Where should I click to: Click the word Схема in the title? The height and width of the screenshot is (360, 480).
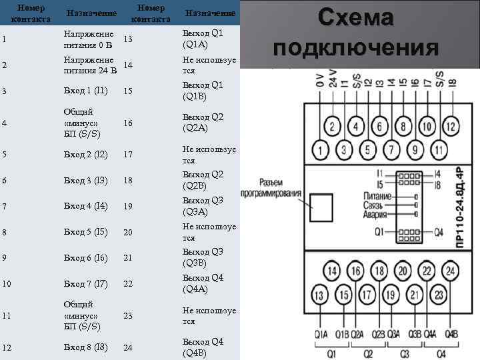[x=356, y=18]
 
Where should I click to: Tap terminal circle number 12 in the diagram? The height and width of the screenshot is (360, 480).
[x=451, y=125]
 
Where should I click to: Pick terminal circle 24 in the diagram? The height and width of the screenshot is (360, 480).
[x=451, y=271]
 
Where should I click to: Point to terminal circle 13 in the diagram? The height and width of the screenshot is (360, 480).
[x=321, y=296]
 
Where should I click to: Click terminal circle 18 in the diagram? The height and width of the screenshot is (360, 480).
[x=380, y=271]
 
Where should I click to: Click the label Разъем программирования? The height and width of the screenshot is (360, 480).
[x=279, y=187]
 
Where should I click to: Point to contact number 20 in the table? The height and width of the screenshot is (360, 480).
[x=129, y=232]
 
